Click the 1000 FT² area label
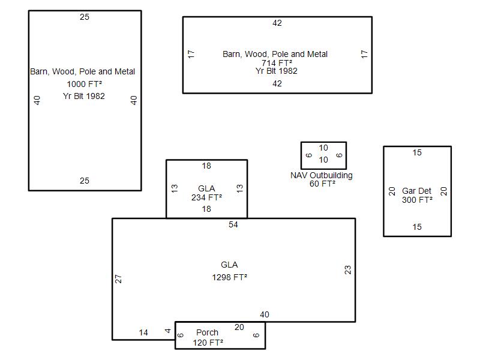[x=84, y=84]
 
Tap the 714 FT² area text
[x=277, y=63]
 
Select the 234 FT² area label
[x=206, y=197]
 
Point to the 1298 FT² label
[x=229, y=277]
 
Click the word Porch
[x=207, y=332]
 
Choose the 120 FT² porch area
[x=208, y=343]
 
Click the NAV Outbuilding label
[x=322, y=175]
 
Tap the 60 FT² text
[x=322, y=184]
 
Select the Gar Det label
[x=416, y=191]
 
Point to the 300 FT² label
[x=417, y=200]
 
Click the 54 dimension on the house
[x=233, y=224]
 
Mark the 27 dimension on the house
[x=118, y=279]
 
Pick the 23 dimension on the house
[x=348, y=269]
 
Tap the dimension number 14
[x=143, y=332]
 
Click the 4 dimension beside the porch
[x=168, y=331]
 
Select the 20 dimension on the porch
[x=239, y=327]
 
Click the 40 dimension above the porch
[x=265, y=314]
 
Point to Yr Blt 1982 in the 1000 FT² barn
[x=84, y=96]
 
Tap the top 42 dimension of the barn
[x=277, y=23]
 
